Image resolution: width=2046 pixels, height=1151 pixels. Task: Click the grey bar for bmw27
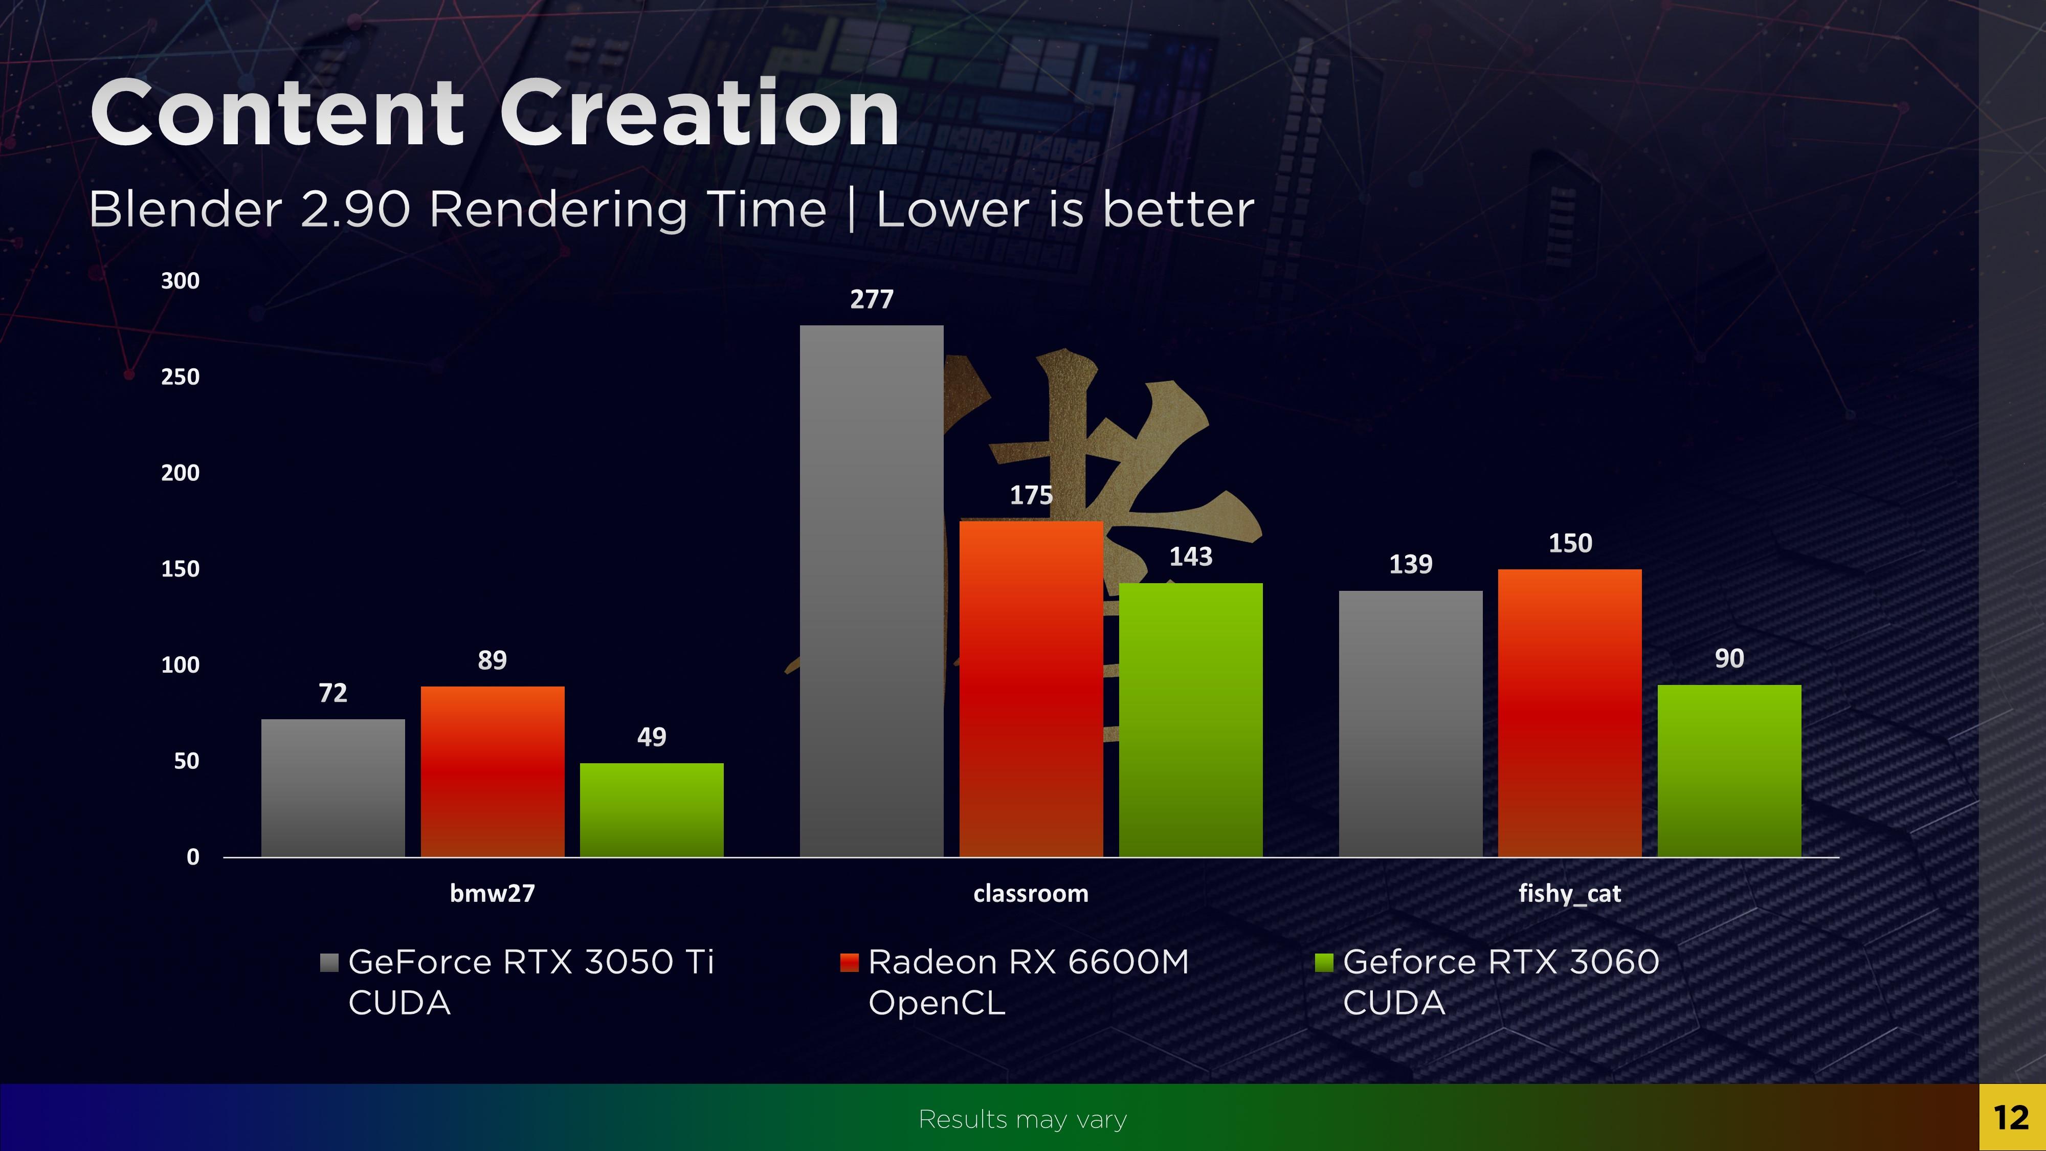tap(333, 787)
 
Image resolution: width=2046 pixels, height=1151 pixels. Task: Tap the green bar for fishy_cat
tap(1729, 770)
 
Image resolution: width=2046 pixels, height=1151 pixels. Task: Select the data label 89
tap(492, 660)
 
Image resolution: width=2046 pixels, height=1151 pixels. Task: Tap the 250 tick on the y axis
tap(180, 377)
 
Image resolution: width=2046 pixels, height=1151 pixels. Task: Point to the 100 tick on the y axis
tap(180, 665)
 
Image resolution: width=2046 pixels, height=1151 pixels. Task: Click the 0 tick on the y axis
tap(192, 857)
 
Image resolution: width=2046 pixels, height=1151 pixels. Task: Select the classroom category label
tap(1030, 894)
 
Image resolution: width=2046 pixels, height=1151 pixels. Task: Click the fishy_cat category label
tap(1569, 894)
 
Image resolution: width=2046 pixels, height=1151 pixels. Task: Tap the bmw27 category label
tap(492, 894)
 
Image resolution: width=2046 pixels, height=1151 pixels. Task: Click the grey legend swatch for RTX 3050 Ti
tap(329, 963)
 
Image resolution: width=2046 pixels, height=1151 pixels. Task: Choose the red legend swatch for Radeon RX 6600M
tap(849, 963)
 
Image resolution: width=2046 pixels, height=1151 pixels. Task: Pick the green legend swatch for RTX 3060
tap(1323, 963)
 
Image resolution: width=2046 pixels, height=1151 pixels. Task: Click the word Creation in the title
tap(699, 114)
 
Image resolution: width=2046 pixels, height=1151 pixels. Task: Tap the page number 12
tap(2011, 1118)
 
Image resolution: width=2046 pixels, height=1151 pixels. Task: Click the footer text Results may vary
tap(1022, 1119)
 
